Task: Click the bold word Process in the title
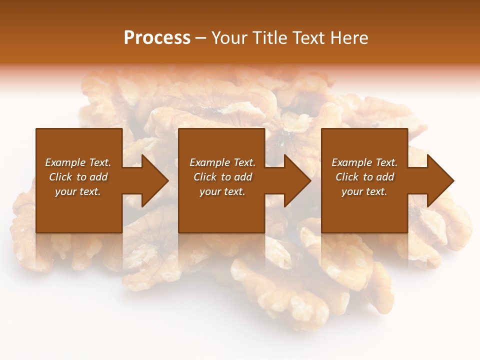click(157, 37)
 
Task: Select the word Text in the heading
click(308, 37)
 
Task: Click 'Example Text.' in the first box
click(78, 162)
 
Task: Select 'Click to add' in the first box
click(78, 177)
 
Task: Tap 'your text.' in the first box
click(78, 191)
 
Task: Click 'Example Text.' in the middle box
click(222, 162)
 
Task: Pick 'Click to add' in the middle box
click(222, 177)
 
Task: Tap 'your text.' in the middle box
click(222, 191)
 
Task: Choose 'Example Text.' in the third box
click(364, 162)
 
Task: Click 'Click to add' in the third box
click(364, 177)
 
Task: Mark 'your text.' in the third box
click(364, 191)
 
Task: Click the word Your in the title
click(228, 37)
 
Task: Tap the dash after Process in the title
click(200, 38)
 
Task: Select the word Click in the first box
click(60, 177)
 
